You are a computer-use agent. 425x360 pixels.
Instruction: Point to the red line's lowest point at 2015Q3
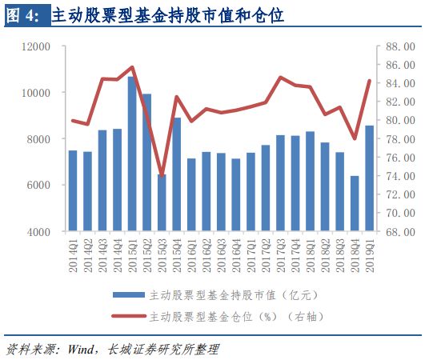162,175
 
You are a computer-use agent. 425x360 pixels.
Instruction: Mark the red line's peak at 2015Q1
132,67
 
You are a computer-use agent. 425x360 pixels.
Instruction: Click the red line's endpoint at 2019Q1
370,80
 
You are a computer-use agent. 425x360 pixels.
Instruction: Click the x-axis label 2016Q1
192,254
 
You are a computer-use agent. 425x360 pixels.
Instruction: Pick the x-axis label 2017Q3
281,254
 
